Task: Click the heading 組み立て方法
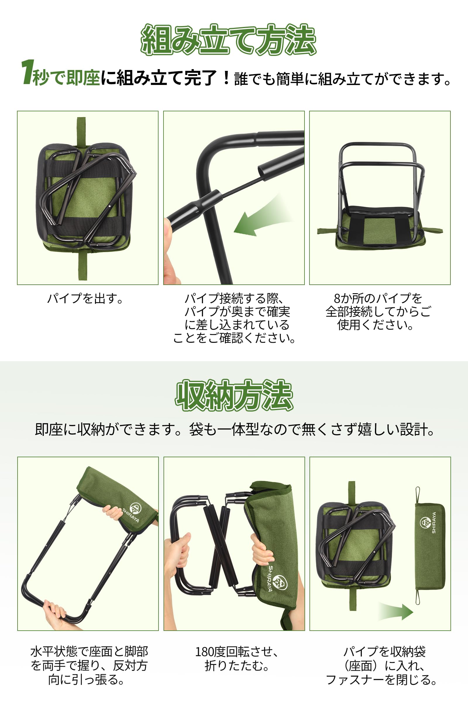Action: [x=228, y=40]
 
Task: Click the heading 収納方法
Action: [x=234, y=395]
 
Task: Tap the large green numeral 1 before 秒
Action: [x=27, y=72]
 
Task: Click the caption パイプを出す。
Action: [x=85, y=298]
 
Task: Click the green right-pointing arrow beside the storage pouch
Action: [x=396, y=611]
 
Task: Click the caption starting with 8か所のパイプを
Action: [x=378, y=311]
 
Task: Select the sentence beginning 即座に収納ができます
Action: [x=235, y=429]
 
